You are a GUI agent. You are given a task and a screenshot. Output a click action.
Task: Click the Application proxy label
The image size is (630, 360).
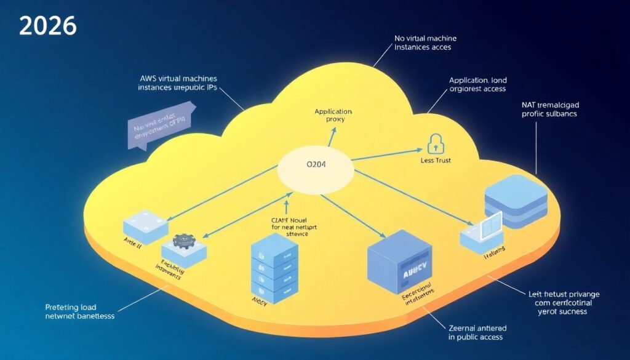(x=333, y=115)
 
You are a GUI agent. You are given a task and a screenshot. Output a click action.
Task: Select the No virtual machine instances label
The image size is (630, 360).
(x=425, y=42)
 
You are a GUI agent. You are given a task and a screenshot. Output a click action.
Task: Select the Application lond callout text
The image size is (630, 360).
(x=477, y=84)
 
